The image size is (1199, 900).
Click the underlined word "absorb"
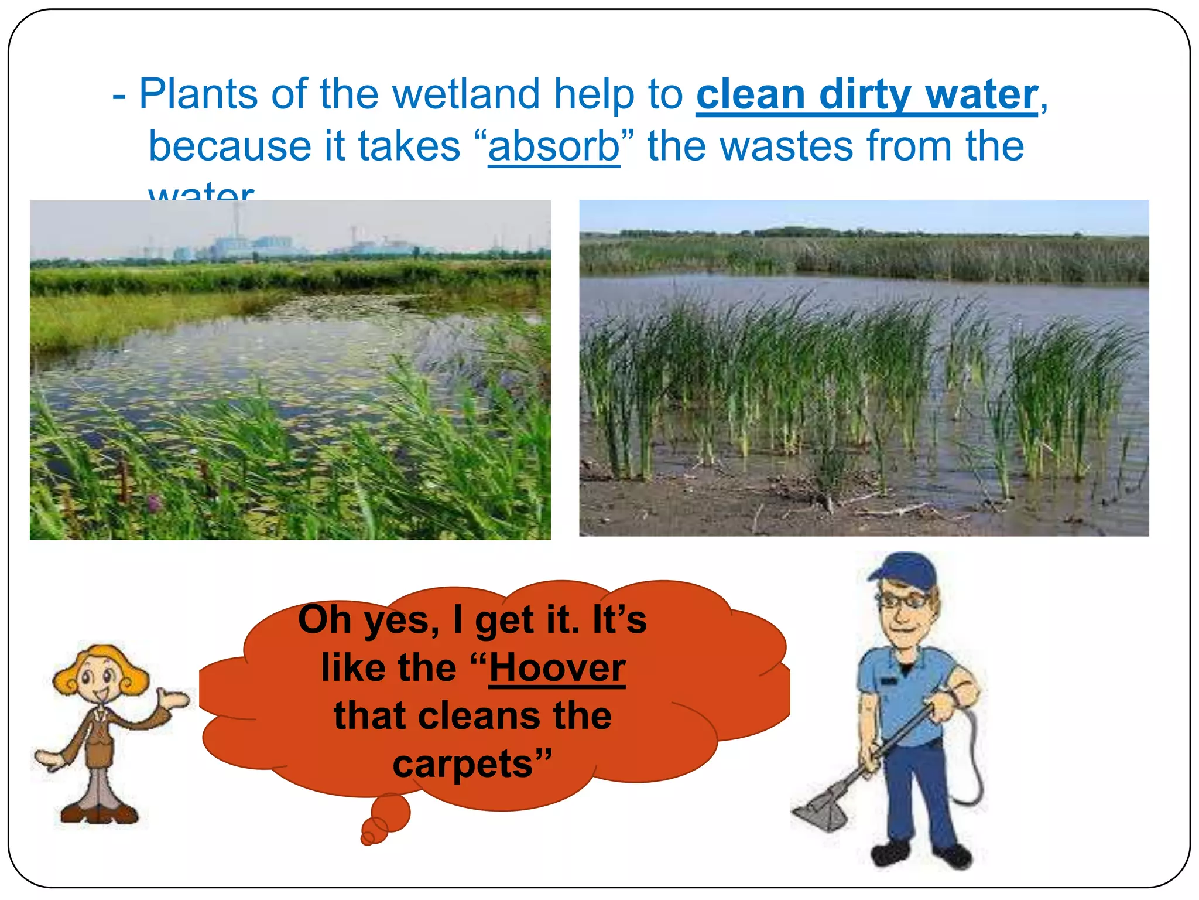coord(553,146)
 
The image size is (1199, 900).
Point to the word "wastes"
coord(786,146)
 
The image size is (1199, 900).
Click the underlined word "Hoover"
coord(557,667)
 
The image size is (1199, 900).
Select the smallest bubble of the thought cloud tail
coord(367,839)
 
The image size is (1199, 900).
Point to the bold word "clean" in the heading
coord(751,94)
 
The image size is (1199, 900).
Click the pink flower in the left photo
coord(153,502)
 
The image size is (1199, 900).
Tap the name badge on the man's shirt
coord(888,681)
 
